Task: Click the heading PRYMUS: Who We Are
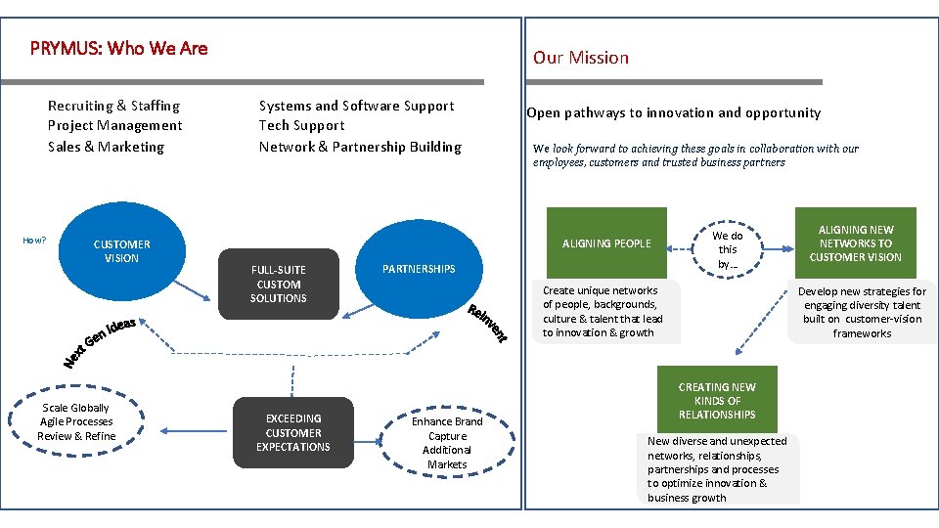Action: click(118, 48)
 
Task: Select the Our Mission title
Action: click(580, 58)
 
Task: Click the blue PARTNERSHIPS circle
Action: click(418, 268)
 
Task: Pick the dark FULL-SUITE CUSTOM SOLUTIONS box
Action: click(278, 285)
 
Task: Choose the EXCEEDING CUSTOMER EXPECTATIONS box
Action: click(292, 432)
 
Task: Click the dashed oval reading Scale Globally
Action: click(76, 422)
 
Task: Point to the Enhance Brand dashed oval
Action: click(447, 443)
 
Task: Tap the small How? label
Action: click(34, 240)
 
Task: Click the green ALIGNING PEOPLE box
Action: click(605, 243)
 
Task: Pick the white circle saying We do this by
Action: click(727, 249)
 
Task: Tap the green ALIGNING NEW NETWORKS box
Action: click(855, 243)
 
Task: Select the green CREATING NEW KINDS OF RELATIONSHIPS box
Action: click(717, 401)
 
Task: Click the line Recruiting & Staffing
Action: click(113, 106)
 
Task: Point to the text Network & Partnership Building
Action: click(360, 147)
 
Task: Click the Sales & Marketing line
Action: click(106, 147)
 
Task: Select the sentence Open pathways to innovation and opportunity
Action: click(673, 112)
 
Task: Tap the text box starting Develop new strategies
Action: click(862, 312)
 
